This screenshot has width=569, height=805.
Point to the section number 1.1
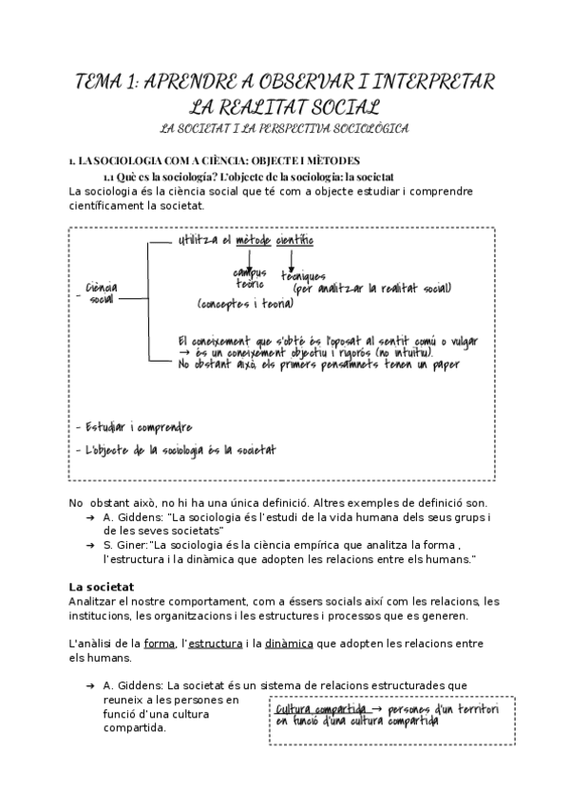click(109, 177)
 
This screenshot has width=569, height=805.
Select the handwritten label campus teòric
click(250, 277)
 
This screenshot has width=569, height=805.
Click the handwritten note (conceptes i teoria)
click(245, 305)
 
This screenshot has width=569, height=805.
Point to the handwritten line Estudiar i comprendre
click(138, 426)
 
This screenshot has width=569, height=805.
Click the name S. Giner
click(123, 546)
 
